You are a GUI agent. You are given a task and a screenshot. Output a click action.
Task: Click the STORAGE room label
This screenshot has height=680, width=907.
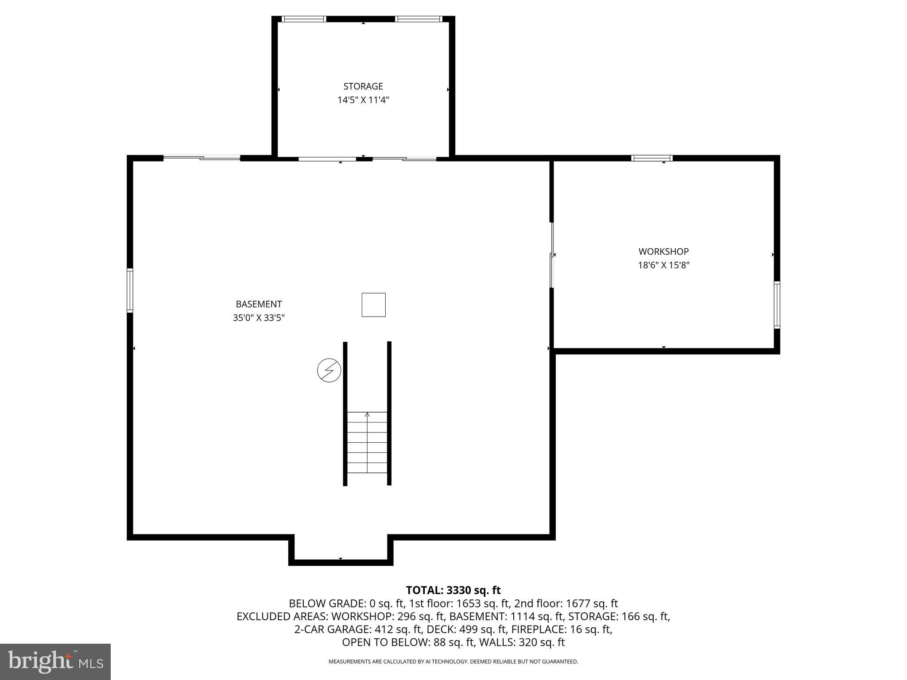click(x=363, y=86)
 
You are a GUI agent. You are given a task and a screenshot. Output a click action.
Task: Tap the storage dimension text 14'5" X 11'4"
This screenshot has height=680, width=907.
click(x=363, y=100)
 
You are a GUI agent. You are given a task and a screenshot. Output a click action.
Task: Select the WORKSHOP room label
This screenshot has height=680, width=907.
click(x=663, y=251)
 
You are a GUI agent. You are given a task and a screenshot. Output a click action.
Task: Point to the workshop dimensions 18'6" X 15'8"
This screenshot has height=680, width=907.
click(x=663, y=265)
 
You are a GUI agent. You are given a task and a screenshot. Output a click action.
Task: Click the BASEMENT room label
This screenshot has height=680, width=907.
click(x=259, y=304)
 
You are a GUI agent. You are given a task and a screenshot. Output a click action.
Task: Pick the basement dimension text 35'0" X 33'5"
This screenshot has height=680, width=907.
click(x=259, y=318)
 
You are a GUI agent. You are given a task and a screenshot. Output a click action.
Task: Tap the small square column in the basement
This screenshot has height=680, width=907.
click(x=373, y=305)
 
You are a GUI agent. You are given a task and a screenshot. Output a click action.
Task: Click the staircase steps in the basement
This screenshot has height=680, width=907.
click(x=367, y=442)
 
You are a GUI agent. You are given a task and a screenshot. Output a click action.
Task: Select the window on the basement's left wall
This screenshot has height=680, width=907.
click(x=130, y=290)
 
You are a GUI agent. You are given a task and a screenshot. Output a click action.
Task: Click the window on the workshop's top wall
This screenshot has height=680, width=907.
click(x=651, y=158)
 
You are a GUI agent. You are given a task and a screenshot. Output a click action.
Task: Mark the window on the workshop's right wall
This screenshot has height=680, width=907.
click(x=777, y=305)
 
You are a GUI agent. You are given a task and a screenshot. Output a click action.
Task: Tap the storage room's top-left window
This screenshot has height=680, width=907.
click(x=304, y=19)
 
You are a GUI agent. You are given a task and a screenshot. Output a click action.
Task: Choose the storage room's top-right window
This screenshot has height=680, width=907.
click(x=419, y=19)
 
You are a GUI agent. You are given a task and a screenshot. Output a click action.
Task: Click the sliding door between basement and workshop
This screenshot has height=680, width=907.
click(x=552, y=255)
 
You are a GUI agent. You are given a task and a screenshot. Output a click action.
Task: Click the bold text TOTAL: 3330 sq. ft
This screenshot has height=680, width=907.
click(x=453, y=590)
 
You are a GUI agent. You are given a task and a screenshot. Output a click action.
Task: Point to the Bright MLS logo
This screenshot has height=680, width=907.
click(x=55, y=661)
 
